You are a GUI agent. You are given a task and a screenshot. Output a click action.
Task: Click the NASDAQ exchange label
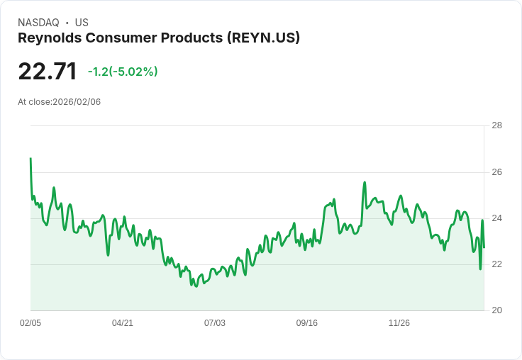point(38,23)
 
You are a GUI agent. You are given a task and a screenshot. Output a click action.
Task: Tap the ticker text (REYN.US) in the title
point(263,38)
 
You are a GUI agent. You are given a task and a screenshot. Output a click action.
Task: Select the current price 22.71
point(47,72)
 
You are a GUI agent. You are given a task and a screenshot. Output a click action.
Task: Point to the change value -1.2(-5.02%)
point(123,72)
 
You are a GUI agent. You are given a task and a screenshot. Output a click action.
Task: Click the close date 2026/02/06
point(77,102)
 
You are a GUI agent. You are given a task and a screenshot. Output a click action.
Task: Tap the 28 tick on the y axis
point(496,126)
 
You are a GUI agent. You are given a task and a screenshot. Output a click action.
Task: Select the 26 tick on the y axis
point(496,172)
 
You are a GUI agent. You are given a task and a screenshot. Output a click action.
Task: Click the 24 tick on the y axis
point(496,218)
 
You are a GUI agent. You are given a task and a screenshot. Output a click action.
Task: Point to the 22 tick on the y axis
point(496,264)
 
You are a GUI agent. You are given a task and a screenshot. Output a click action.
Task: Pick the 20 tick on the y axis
point(496,310)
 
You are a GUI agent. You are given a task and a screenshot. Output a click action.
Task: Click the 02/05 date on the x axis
point(30,323)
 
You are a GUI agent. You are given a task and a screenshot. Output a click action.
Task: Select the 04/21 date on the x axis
point(123,323)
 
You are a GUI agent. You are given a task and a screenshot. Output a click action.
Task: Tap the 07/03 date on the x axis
point(215,323)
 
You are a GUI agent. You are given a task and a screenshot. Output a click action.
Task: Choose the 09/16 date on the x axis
point(307,323)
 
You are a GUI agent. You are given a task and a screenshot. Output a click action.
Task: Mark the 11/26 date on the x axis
point(399,323)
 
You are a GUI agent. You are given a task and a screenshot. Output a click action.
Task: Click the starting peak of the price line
point(30,159)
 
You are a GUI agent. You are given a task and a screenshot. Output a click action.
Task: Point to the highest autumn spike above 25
point(365,183)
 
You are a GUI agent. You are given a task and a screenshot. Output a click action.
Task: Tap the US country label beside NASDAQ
point(82,23)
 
